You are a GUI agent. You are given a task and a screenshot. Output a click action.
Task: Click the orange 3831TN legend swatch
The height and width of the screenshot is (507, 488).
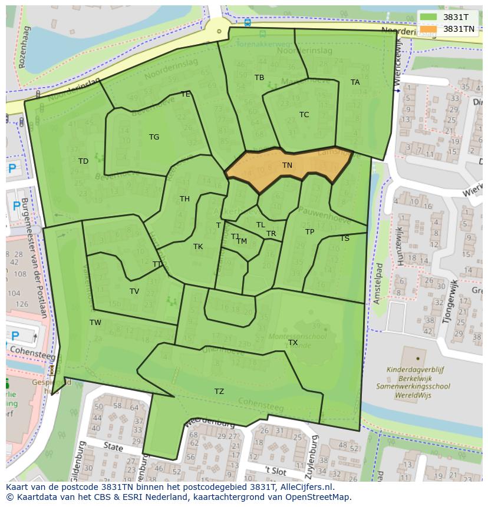tap(428, 29)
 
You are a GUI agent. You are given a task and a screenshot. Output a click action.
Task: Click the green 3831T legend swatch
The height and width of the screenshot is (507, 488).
tap(428, 17)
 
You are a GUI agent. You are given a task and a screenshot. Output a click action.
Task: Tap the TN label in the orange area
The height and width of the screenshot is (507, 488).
tap(287, 165)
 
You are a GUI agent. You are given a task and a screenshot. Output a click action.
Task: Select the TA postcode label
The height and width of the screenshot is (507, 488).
tap(355, 82)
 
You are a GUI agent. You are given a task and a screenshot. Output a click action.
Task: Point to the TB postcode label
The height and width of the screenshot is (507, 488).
tap(259, 78)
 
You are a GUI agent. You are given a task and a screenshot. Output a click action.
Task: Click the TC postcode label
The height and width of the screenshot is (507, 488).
tap(304, 115)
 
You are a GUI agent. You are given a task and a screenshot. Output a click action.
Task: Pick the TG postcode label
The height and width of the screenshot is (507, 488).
tap(154, 137)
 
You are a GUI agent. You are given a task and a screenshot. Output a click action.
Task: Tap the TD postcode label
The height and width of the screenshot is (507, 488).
tap(83, 161)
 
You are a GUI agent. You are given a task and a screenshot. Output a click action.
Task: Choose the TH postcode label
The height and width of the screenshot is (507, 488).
tap(184, 199)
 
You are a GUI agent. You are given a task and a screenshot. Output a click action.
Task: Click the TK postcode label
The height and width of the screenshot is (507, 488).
tap(198, 247)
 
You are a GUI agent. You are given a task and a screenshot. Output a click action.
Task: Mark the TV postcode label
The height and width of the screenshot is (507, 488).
tap(134, 291)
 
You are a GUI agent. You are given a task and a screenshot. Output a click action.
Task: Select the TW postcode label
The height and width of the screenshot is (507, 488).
tap(95, 323)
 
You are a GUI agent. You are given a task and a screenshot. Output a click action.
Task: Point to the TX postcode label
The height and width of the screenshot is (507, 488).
tap(293, 343)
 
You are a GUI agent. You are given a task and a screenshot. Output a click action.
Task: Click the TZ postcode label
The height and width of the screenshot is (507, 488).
tap(219, 392)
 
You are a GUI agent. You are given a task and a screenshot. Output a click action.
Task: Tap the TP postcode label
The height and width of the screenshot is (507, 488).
tap(309, 232)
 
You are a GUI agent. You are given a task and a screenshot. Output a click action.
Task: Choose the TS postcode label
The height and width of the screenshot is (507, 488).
tap(345, 238)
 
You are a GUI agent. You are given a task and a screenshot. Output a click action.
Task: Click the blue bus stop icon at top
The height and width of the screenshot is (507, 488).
tap(248, 22)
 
